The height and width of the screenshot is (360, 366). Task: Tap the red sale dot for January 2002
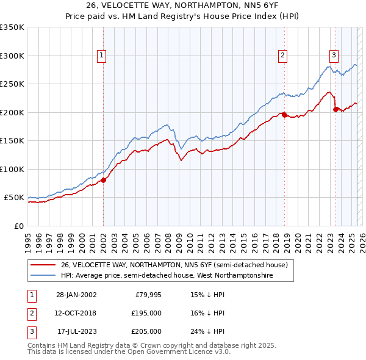[x=103, y=180]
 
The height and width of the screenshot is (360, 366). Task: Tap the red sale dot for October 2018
[x=284, y=115]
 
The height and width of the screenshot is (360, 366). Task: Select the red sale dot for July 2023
[x=335, y=109]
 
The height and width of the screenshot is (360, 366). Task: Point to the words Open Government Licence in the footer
[x=158, y=352]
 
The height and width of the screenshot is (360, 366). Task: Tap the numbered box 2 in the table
[x=30, y=313]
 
